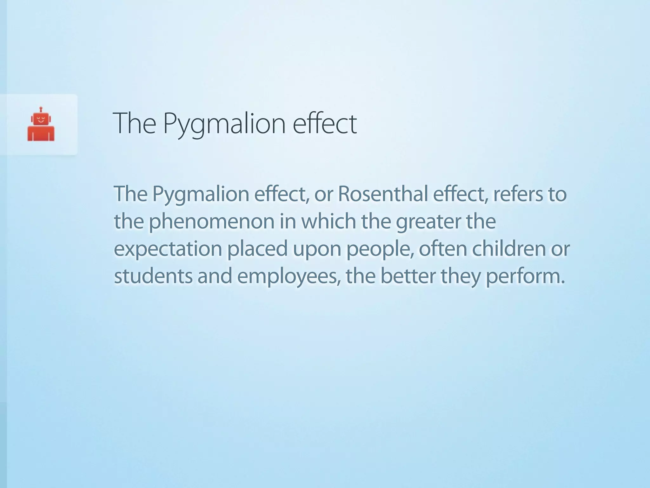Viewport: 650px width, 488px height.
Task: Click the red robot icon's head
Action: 41,119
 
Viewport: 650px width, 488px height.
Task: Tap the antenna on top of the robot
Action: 41,109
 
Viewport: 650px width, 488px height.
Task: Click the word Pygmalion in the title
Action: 224,124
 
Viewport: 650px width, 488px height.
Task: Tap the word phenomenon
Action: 211,221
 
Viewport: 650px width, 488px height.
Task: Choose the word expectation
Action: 168,249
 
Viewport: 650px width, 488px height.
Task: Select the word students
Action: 153,276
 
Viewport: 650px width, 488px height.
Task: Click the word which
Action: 328,221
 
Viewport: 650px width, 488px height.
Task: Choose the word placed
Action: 257,249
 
